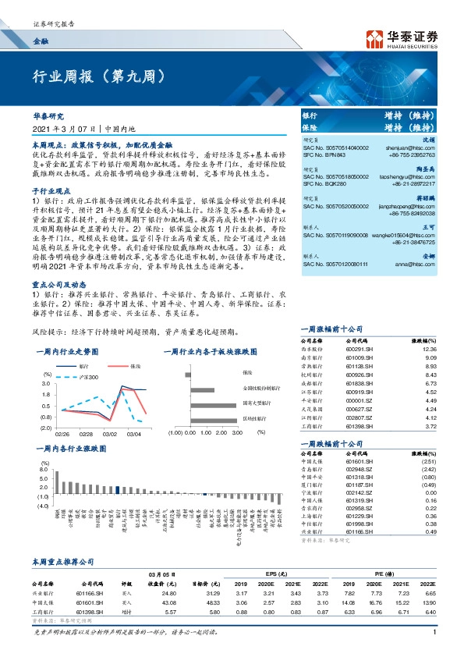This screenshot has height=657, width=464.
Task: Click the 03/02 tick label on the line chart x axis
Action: click(110, 433)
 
